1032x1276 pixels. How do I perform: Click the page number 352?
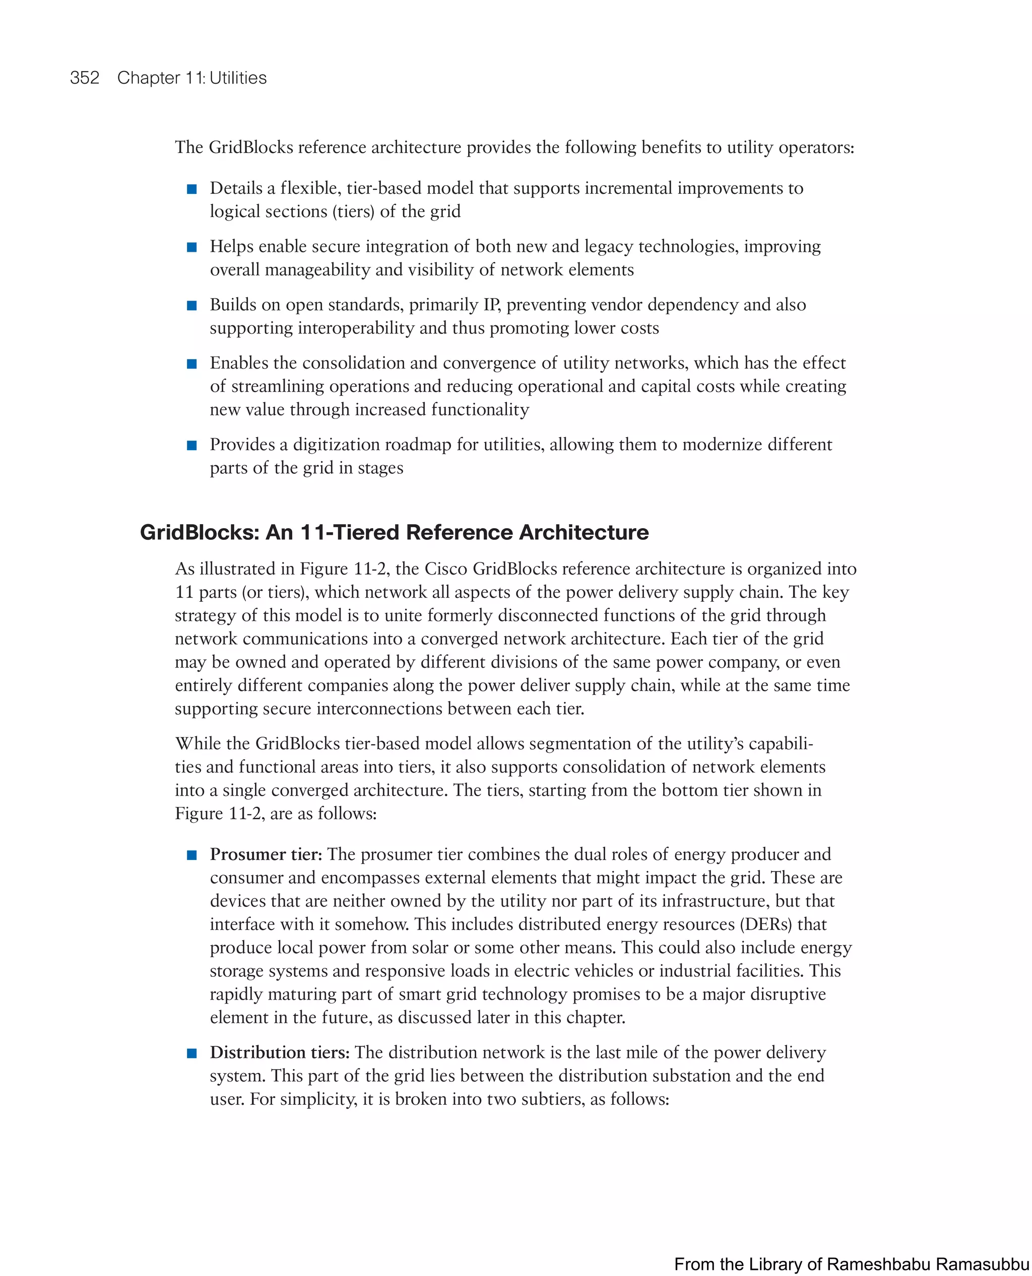tap(85, 78)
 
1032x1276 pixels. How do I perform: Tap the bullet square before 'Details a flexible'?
tap(191, 189)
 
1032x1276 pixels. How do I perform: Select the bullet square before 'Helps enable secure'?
tap(191, 248)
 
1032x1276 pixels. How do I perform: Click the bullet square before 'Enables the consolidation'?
tap(191, 364)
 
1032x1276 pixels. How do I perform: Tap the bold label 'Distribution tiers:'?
tap(279, 1052)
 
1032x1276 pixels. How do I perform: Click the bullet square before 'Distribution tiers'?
tap(191, 1054)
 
